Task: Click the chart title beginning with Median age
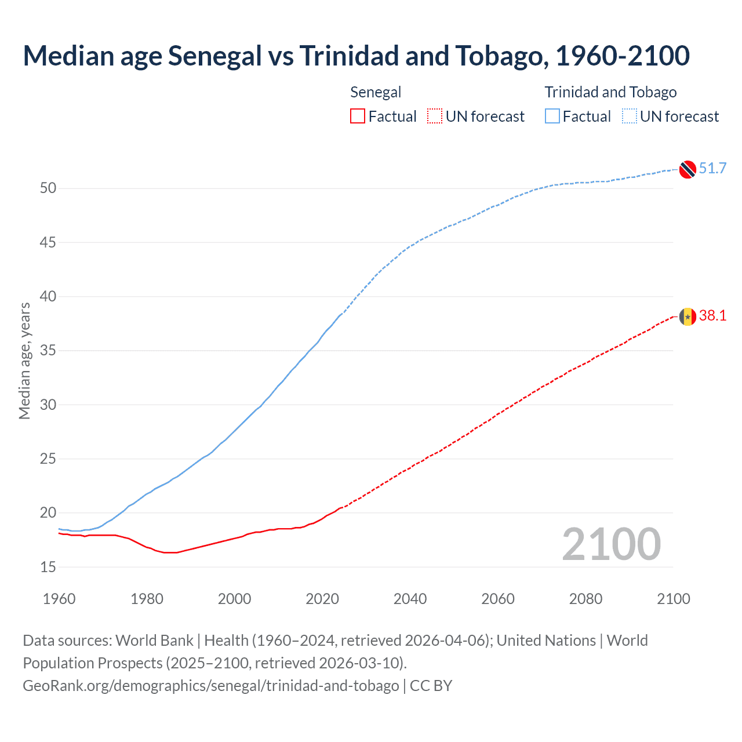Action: pyautogui.click(x=356, y=56)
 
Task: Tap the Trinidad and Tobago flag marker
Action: pyautogui.click(x=688, y=169)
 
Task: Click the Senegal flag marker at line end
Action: pyautogui.click(x=688, y=317)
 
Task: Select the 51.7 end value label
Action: pyautogui.click(x=712, y=168)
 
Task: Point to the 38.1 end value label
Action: pyautogui.click(x=712, y=315)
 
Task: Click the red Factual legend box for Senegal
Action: pyautogui.click(x=358, y=117)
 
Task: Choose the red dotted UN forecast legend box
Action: pyautogui.click(x=435, y=117)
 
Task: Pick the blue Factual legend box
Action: pyautogui.click(x=552, y=117)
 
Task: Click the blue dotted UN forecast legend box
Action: pyautogui.click(x=629, y=117)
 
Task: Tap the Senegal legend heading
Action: pyautogui.click(x=376, y=92)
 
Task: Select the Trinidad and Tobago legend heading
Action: pyautogui.click(x=610, y=92)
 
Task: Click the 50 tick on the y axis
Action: pyautogui.click(x=48, y=188)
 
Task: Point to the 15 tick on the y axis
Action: pyautogui.click(x=48, y=567)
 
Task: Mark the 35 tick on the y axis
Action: pyautogui.click(x=48, y=351)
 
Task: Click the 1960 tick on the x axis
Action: pyautogui.click(x=59, y=599)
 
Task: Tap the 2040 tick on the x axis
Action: pyautogui.click(x=410, y=599)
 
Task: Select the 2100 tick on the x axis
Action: pyautogui.click(x=673, y=599)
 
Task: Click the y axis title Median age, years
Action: pyautogui.click(x=24, y=361)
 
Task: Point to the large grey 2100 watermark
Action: pyautogui.click(x=611, y=544)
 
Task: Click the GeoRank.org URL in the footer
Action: pyautogui.click(x=210, y=685)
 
